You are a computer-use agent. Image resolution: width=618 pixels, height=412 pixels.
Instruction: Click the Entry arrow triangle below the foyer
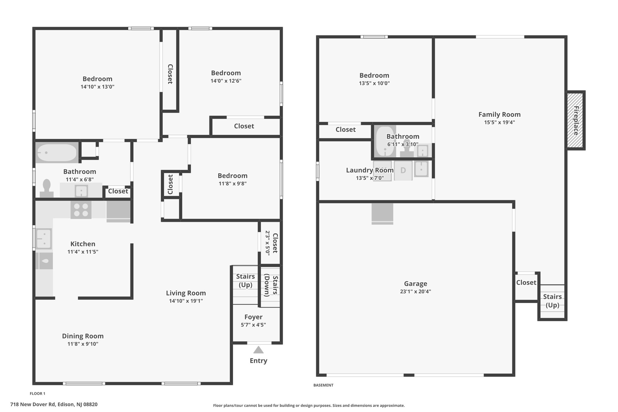258,350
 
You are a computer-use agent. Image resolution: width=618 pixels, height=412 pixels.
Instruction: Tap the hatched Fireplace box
575,120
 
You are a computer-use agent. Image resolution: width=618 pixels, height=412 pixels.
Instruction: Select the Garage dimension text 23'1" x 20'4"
416,292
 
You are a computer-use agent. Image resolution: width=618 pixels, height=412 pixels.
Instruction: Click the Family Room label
499,114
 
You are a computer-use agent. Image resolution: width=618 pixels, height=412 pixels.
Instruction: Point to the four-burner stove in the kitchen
81,210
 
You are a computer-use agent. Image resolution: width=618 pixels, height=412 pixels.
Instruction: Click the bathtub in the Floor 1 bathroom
57,152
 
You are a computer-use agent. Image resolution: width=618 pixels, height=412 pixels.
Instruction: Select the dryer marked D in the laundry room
403,171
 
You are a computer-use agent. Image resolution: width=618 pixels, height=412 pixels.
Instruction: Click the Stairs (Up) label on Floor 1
245,281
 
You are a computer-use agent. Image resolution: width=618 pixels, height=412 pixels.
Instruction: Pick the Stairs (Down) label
271,286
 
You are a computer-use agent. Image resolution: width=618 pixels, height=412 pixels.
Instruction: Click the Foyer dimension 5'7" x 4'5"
253,325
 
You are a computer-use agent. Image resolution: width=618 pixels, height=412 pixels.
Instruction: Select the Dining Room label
83,336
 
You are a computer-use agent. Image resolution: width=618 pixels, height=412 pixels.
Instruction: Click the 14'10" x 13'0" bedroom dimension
97,87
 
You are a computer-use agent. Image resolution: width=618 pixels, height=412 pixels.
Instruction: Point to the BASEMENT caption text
323,385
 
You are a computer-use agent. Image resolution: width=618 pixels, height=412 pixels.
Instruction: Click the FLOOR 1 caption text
37,394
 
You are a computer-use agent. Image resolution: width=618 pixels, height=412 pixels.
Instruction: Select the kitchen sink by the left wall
44,238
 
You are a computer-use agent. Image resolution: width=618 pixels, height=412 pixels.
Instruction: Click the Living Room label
186,293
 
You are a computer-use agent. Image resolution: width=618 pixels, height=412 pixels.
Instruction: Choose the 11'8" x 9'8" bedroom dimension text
232,184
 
